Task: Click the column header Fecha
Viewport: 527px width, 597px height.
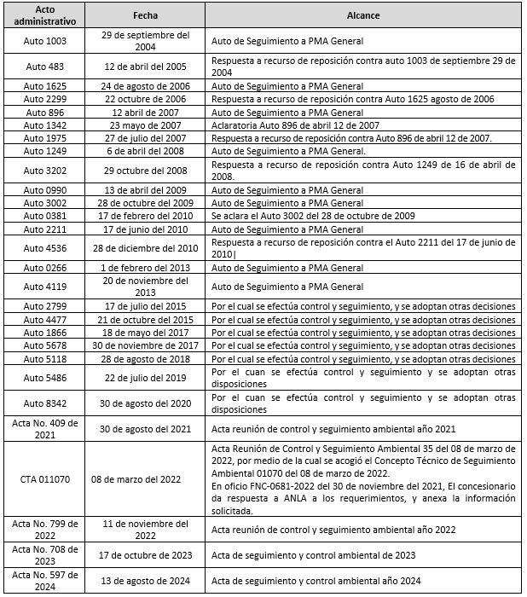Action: click(145, 15)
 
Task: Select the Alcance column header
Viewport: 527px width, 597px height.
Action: click(362, 15)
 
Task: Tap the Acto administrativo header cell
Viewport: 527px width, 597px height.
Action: click(45, 15)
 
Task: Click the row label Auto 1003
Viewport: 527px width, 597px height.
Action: click(45, 41)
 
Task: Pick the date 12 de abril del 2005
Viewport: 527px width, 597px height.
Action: click(145, 67)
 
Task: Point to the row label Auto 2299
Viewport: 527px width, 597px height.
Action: click(45, 100)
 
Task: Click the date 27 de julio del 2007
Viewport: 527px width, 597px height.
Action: click(145, 138)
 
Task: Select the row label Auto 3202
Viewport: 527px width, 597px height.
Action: click(45, 171)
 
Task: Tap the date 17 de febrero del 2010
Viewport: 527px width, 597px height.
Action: click(145, 216)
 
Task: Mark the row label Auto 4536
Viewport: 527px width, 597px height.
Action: click(45, 248)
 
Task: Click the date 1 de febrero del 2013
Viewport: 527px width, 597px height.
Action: click(145, 268)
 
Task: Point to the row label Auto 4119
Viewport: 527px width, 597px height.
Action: click(45, 287)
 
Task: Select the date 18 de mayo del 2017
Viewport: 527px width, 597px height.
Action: click(145, 333)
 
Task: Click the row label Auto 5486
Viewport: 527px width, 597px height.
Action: click(45, 378)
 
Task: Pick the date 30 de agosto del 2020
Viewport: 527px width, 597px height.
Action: click(145, 403)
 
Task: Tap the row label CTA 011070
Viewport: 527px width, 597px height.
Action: click(45, 480)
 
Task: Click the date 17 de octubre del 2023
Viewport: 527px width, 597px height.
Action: click(145, 556)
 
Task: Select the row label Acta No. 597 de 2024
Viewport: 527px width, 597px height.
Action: click(45, 582)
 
